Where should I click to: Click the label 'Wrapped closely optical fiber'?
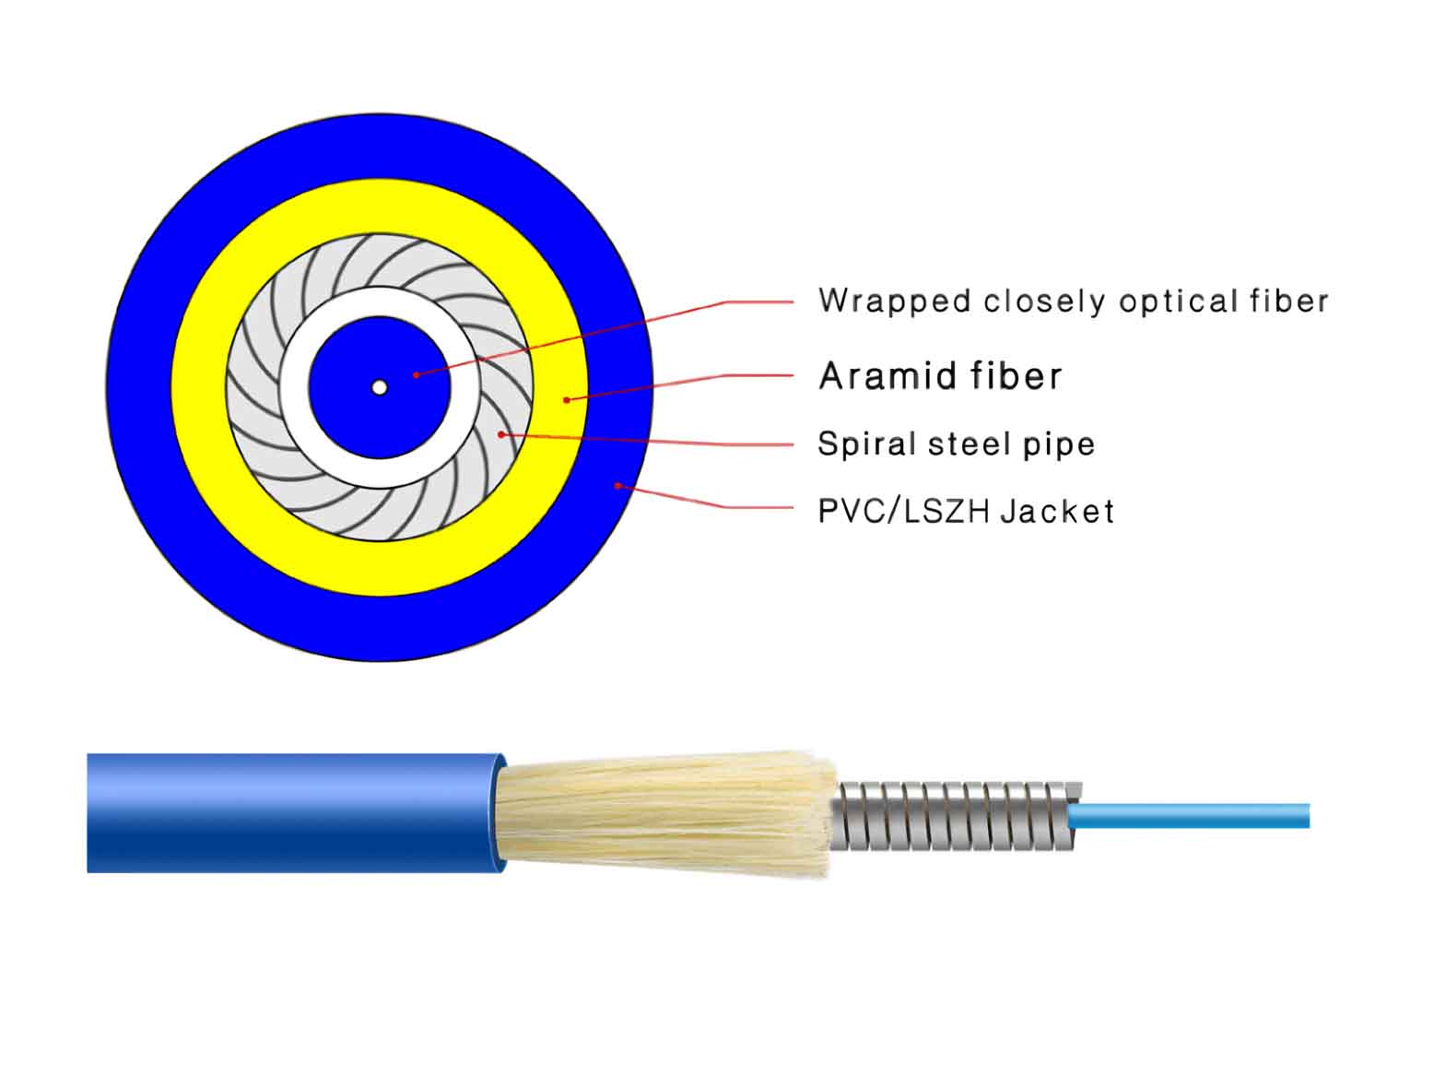[x=1074, y=302]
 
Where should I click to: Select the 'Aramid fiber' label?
[x=940, y=375]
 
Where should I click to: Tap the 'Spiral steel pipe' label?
[x=956, y=445]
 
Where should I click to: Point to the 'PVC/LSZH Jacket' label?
[x=966, y=511]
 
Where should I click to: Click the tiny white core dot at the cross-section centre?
[x=379, y=387]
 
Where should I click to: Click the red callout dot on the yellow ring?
[x=567, y=399]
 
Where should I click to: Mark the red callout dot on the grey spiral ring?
[x=501, y=434]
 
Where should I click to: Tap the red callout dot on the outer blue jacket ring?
[x=617, y=485]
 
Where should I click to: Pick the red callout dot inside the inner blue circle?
[x=417, y=375]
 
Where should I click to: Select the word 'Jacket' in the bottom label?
[x=1057, y=511]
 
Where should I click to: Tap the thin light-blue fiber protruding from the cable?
[x=1188, y=816]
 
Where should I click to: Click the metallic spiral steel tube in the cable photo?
[x=955, y=816]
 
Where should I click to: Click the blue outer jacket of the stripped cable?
[x=295, y=813]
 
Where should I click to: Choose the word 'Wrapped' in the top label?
[x=894, y=302]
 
